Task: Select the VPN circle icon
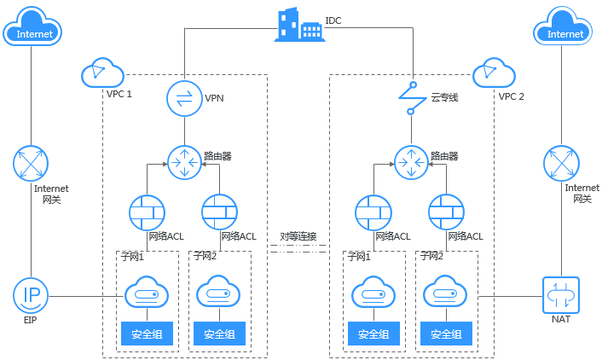click(x=182, y=97)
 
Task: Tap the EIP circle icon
click(x=32, y=295)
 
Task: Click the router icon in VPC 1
click(x=182, y=160)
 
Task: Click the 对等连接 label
click(x=298, y=235)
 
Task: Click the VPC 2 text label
click(x=511, y=96)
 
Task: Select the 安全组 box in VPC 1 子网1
click(x=148, y=334)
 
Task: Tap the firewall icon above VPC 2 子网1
click(x=373, y=212)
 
